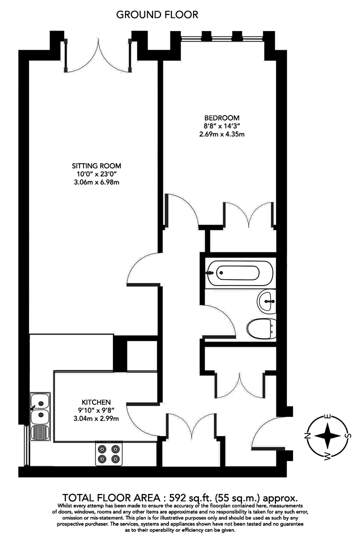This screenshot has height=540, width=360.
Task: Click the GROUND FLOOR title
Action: pos(157,15)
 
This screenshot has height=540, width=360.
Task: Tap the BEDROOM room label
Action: pos(221,118)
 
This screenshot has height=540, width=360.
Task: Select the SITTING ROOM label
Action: pos(96,165)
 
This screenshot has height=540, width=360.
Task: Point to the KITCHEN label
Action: pos(96,402)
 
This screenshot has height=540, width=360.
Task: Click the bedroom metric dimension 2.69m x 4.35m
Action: pos(221,134)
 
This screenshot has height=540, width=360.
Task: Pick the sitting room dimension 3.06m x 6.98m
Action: pos(96,182)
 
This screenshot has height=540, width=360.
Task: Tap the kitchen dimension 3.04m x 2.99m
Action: pos(96,418)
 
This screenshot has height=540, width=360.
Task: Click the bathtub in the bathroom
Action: pos(240,273)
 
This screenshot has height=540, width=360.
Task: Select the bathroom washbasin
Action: pos(266,301)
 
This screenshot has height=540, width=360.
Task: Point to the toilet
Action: pos(261,328)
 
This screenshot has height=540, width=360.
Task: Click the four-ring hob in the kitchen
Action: pos(109,453)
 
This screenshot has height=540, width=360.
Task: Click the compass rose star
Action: pos(327,436)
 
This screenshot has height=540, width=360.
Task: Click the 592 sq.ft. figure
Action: pos(187,497)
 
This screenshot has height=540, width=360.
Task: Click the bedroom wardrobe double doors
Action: pos(249,215)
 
